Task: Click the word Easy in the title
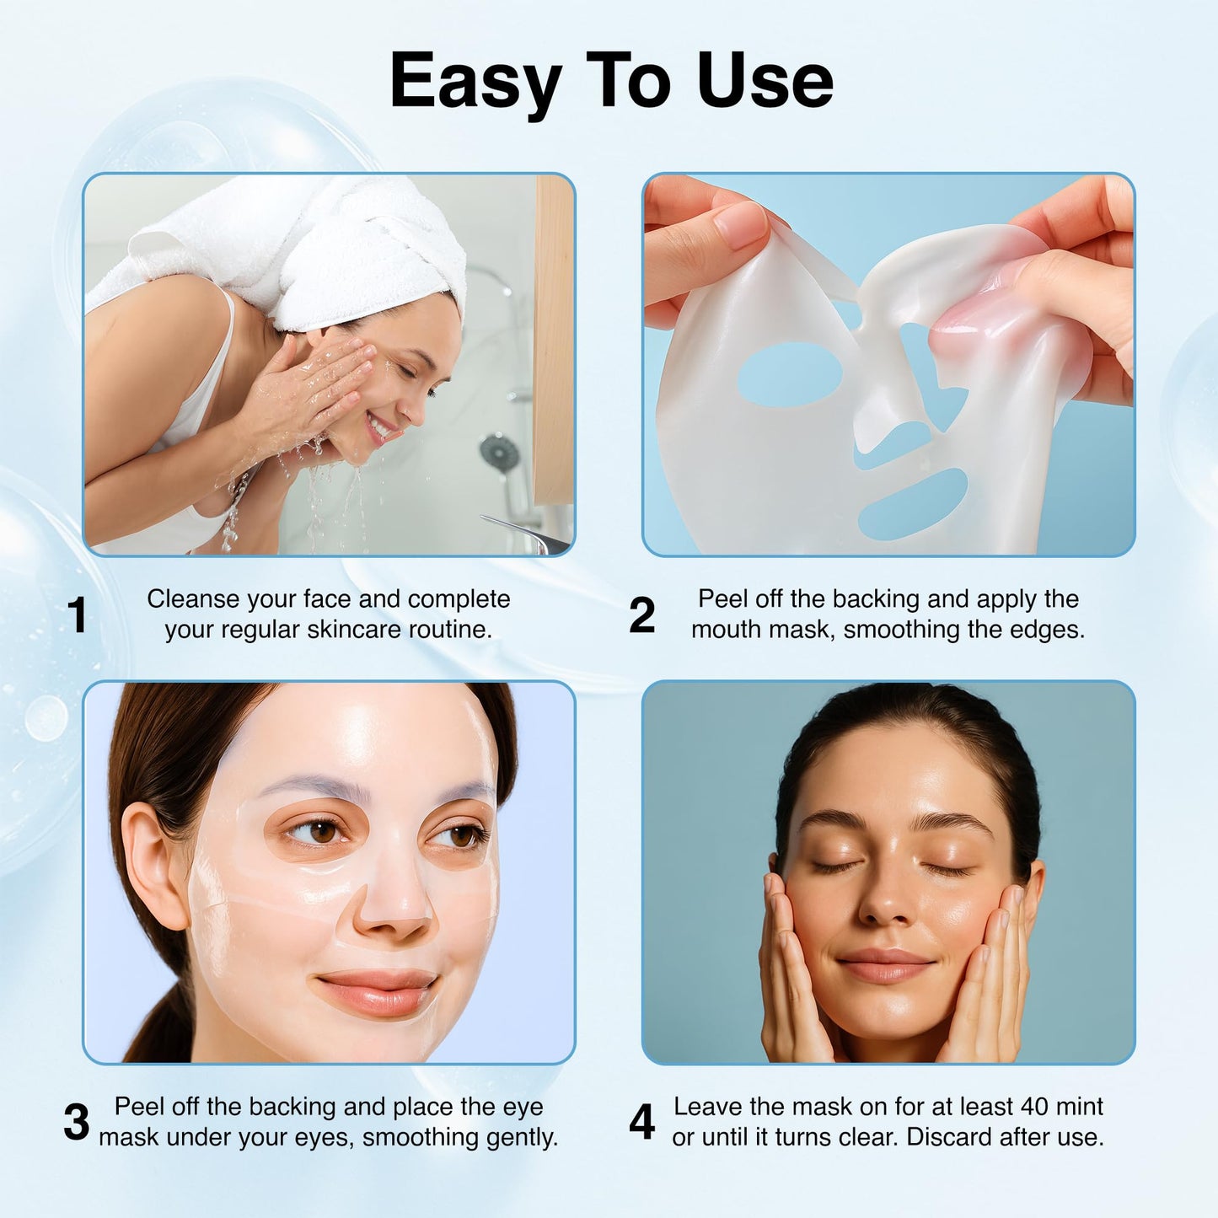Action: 475,82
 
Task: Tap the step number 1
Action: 78,615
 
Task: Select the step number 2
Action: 641,615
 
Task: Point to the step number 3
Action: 76,1123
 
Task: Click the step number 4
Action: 641,1123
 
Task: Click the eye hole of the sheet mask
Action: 790,374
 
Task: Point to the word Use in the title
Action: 765,82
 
